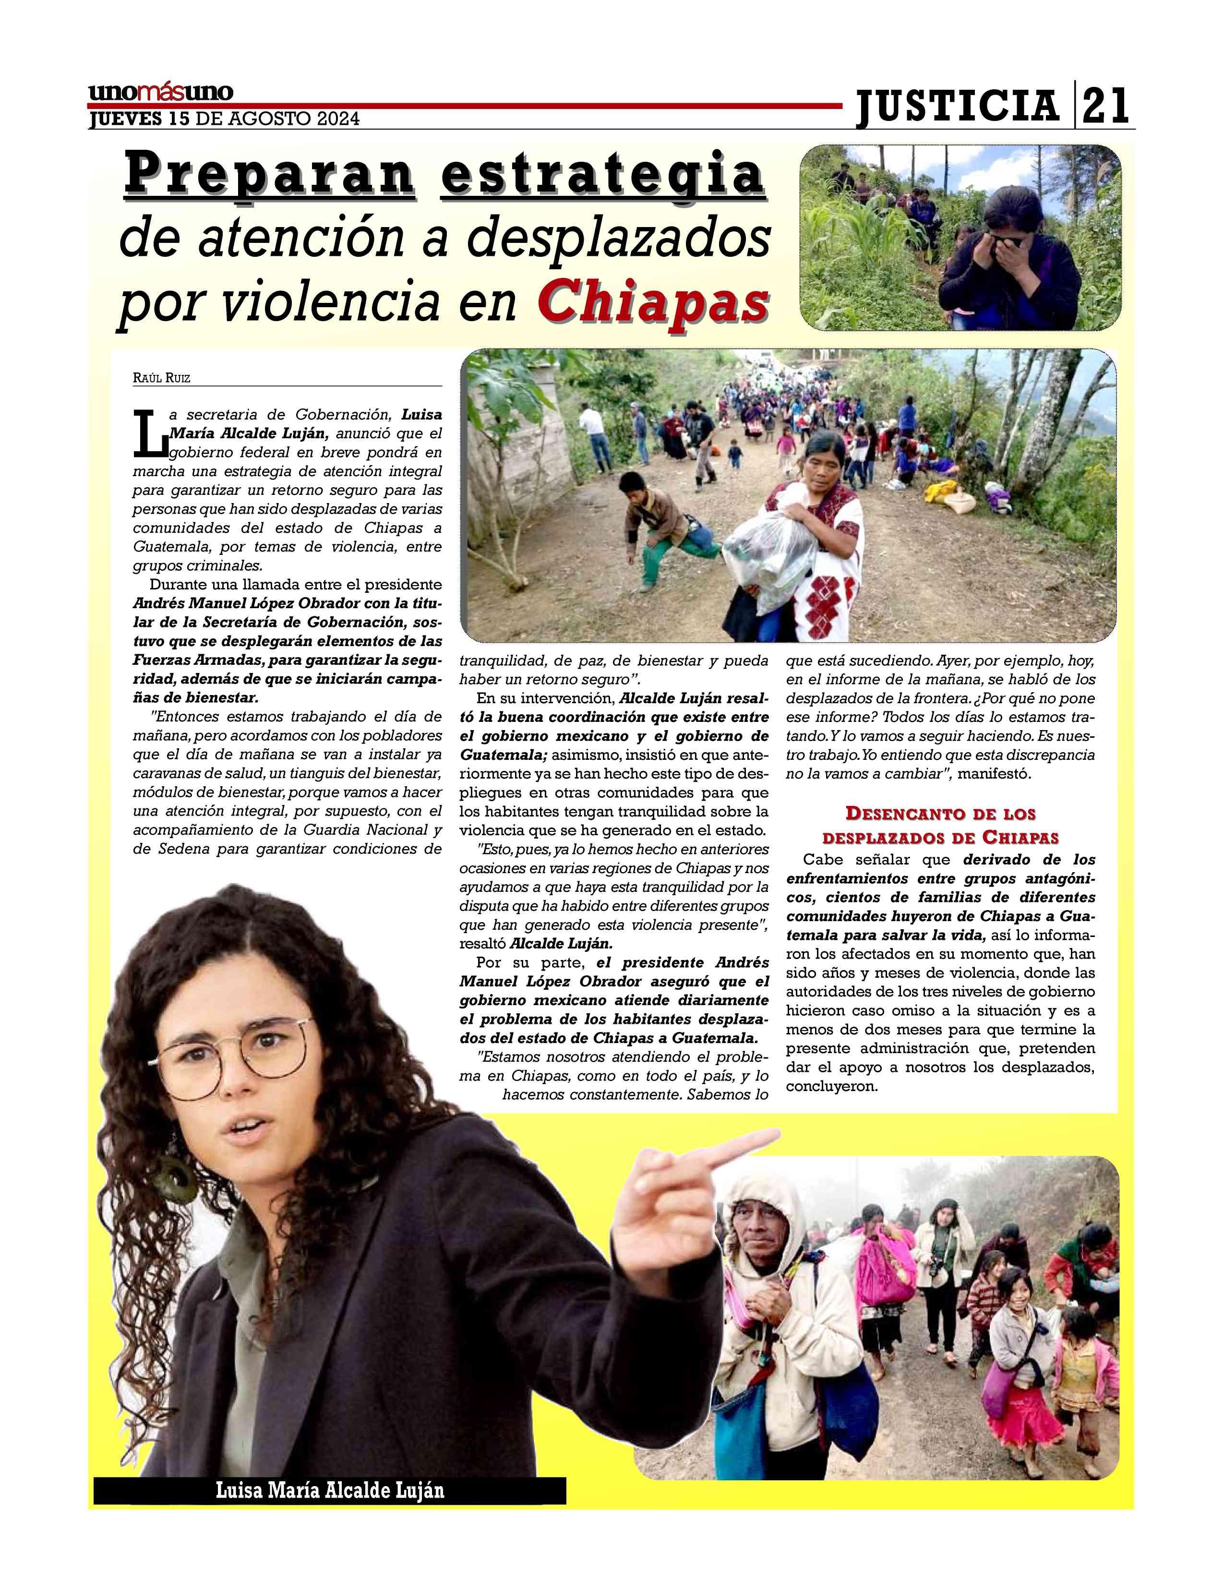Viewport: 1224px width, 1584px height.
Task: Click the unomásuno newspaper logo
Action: [161, 93]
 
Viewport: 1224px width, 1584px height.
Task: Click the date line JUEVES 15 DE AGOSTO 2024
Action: [224, 119]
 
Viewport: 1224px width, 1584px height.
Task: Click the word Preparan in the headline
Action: [271, 174]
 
